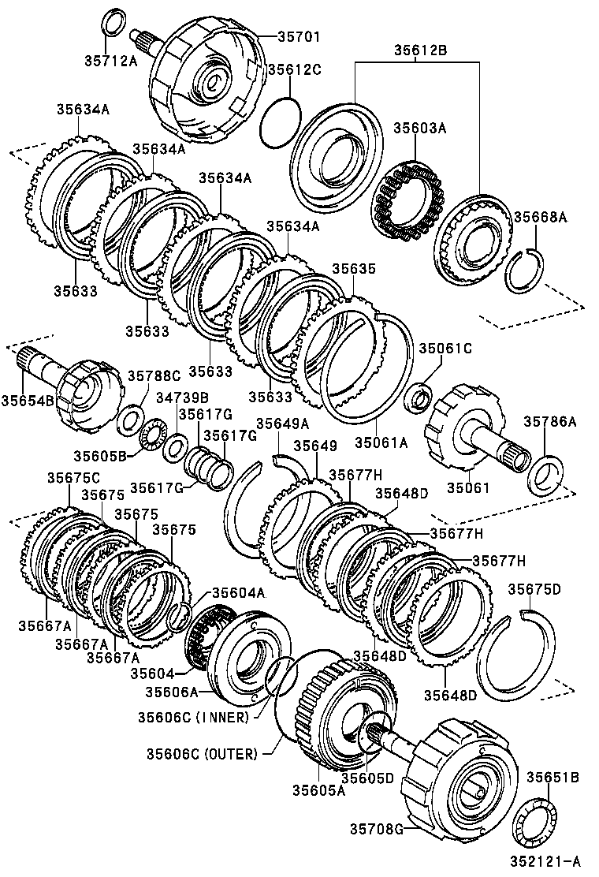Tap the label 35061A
click(x=381, y=442)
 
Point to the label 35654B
click(x=28, y=400)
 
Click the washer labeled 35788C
click(x=129, y=420)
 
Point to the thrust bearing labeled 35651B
click(x=536, y=825)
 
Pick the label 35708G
click(x=377, y=827)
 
